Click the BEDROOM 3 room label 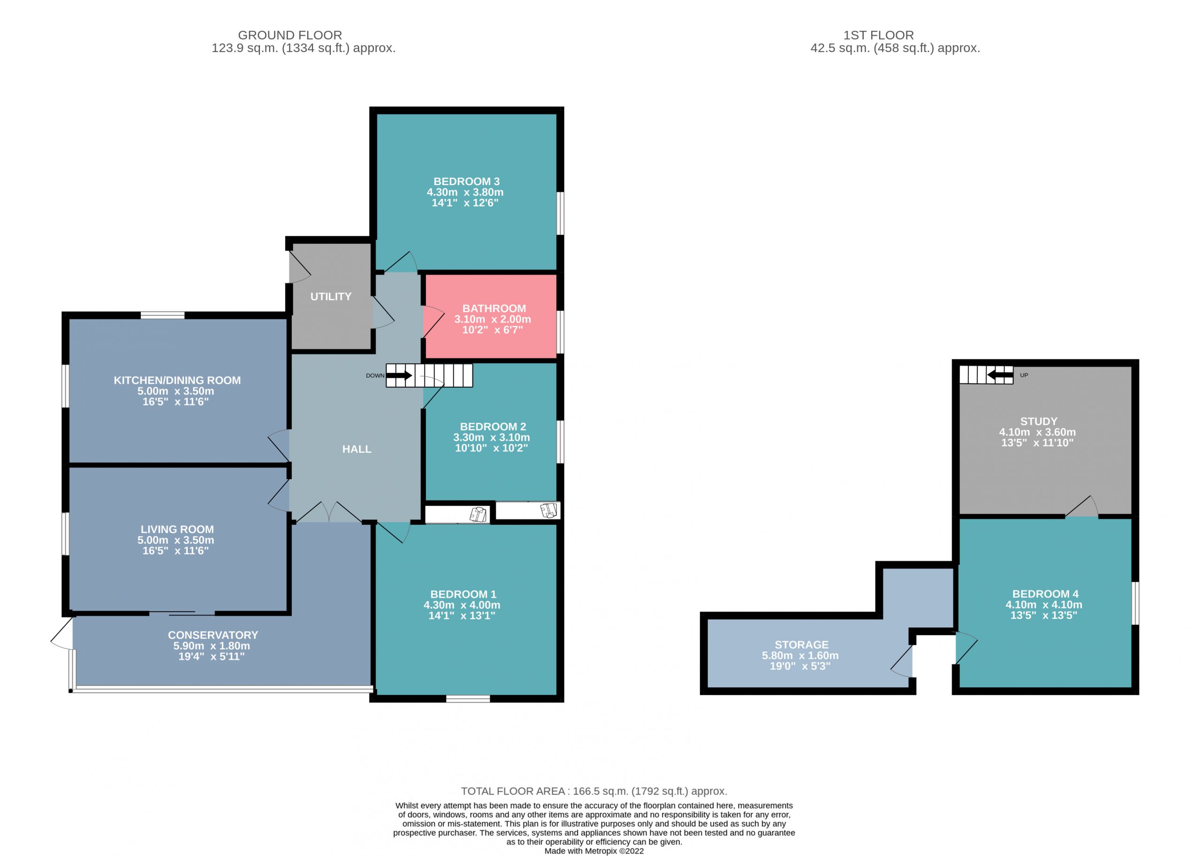click(466, 181)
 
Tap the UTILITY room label click(331, 297)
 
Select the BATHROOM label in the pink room click(494, 308)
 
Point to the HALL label click(357, 449)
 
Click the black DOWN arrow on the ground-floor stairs click(399, 375)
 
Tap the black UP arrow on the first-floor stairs click(1000, 375)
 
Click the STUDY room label click(1039, 421)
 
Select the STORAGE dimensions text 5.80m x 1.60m click(800, 655)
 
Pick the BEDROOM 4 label click(1045, 594)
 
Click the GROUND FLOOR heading click(289, 35)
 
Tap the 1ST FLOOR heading click(878, 35)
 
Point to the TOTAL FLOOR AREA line click(594, 791)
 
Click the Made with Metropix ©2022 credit click(594, 851)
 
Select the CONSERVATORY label click(213, 635)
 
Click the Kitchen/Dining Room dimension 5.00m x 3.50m click(175, 391)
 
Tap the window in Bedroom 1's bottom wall click(468, 699)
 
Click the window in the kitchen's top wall click(162, 315)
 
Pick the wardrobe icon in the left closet click(478, 514)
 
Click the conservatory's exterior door click(62, 634)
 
